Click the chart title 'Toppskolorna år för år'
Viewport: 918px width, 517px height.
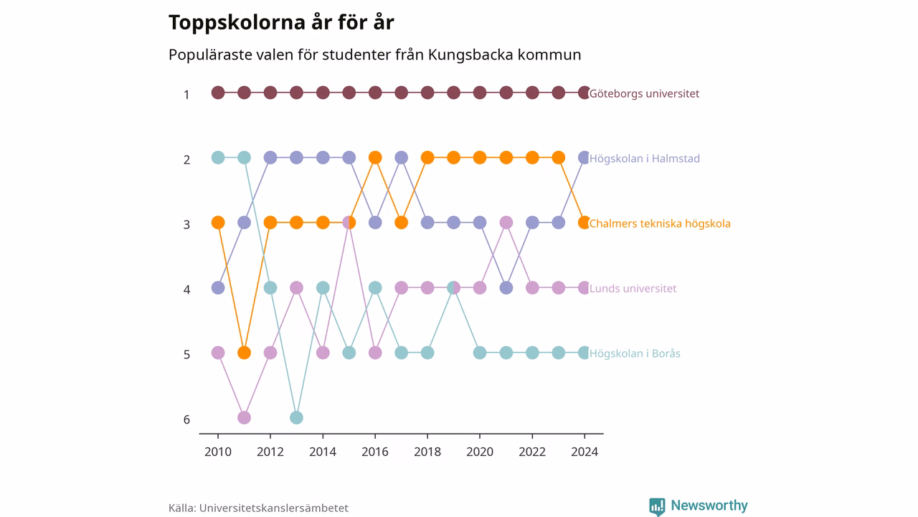tap(281, 22)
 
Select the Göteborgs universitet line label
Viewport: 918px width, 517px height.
tap(644, 93)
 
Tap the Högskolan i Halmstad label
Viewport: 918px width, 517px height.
tap(645, 159)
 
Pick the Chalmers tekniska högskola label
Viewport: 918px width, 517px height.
tap(660, 223)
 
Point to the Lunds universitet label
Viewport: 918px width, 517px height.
tap(633, 289)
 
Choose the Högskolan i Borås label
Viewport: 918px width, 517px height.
tap(635, 353)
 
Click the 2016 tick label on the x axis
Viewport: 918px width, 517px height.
tap(375, 452)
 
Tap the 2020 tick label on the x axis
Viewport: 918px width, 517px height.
tap(480, 452)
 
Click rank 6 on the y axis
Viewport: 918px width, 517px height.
tap(187, 420)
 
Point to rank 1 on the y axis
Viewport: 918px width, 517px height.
tap(187, 95)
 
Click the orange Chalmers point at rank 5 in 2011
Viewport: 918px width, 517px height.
tap(245, 353)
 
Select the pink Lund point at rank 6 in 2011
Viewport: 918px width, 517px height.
tap(245, 418)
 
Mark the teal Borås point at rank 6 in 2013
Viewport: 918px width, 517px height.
tap(297, 418)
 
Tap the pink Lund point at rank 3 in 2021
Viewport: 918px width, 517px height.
tap(506, 223)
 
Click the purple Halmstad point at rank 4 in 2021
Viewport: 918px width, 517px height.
tap(506, 288)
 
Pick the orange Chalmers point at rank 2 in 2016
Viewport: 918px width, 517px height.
tap(375, 157)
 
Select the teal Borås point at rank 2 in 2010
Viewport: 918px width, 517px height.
tap(218, 157)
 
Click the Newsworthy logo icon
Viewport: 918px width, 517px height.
tap(657, 507)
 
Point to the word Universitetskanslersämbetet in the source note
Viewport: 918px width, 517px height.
tap(274, 508)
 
